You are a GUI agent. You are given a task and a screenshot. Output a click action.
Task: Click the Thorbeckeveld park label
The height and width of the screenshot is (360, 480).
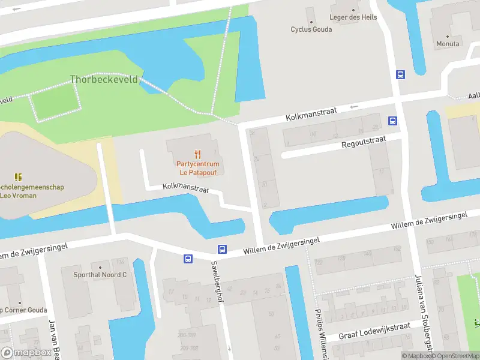click(103, 79)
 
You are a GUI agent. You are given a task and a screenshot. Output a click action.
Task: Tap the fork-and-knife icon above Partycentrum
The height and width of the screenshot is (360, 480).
click(197, 155)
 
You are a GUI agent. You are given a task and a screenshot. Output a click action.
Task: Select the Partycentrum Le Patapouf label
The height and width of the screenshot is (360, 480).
click(197, 168)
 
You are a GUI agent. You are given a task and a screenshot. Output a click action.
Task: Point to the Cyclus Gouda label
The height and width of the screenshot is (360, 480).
click(311, 29)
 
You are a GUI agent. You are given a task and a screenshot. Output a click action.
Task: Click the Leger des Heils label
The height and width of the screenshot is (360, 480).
click(353, 17)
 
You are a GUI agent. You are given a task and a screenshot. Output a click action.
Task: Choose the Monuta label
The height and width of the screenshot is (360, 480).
click(448, 44)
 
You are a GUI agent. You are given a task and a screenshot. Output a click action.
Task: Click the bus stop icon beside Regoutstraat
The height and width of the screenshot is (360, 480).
click(392, 121)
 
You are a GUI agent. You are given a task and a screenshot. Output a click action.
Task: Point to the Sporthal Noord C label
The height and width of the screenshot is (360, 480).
click(100, 275)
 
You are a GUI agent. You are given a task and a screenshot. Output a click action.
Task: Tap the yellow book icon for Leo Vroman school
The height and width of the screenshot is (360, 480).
click(18, 177)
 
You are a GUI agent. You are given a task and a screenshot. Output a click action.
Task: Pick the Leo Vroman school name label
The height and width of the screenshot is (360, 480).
click(31, 191)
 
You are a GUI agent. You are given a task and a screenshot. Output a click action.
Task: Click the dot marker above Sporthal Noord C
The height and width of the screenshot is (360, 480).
click(100, 267)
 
